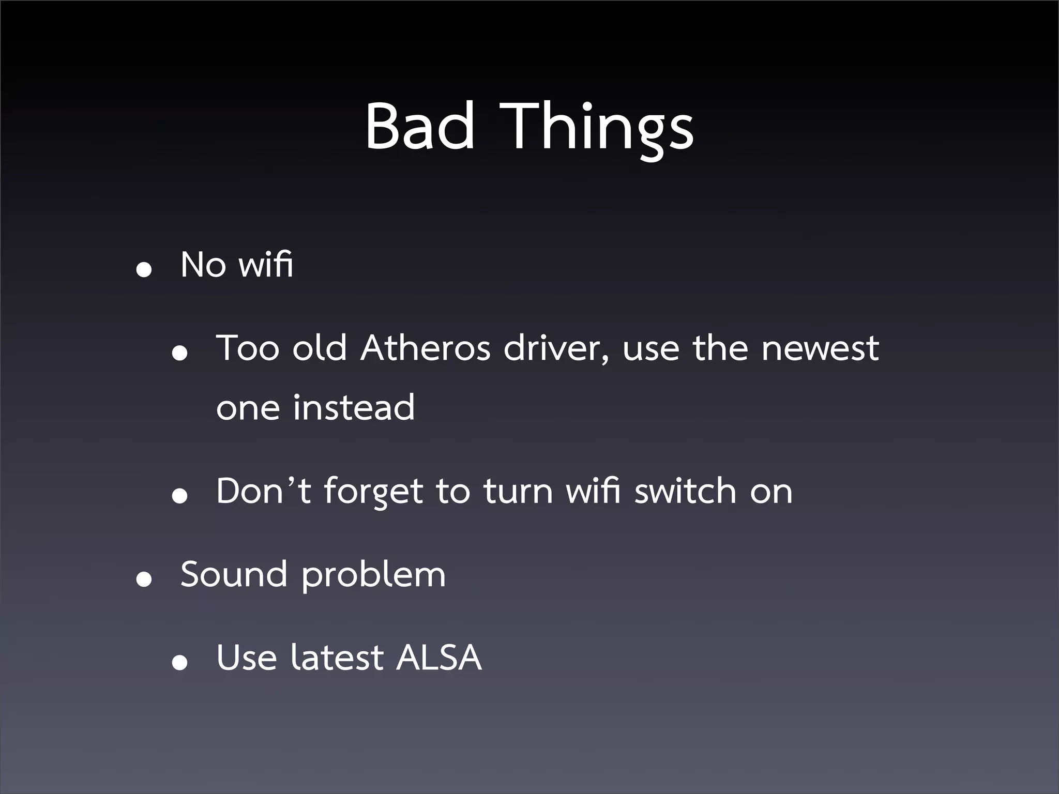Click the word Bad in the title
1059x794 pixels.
click(420, 126)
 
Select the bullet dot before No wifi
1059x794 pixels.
click(144, 270)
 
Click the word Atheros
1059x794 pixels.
click(425, 348)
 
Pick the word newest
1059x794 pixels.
click(820, 348)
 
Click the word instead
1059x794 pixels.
click(354, 407)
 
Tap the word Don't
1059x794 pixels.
click(263, 491)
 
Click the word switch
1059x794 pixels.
click(685, 491)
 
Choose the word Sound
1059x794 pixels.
click(234, 574)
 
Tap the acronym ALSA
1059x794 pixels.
click(438, 658)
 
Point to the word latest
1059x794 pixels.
click(337, 658)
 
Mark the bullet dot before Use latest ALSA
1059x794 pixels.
click(179, 663)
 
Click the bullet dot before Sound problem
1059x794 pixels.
click(144, 580)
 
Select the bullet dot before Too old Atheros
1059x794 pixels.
click(179, 354)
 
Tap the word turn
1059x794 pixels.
click(518, 492)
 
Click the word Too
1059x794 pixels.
click(248, 348)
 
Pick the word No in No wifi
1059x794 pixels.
click(203, 265)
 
